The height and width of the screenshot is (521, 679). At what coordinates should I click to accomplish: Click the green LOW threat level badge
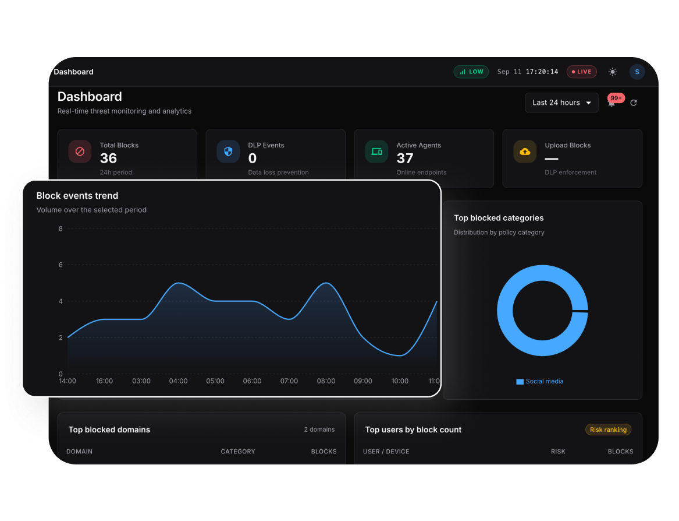click(471, 72)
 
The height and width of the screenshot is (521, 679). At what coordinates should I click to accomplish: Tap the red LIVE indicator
click(582, 72)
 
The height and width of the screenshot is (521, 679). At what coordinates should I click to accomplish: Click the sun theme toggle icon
click(612, 72)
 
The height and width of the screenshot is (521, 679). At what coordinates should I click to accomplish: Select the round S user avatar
click(637, 72)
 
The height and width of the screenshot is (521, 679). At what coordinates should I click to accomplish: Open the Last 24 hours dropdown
click(561, 103)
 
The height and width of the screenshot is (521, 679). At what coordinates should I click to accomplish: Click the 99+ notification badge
click(616, 98)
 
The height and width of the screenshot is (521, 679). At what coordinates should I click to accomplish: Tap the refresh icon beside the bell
click(634, 103)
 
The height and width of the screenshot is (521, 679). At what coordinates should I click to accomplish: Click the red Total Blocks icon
click(80, 152)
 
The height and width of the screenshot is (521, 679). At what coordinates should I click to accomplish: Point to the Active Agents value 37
click(405, 159)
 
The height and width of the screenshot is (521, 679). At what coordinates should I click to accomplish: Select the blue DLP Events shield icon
click(228, 152)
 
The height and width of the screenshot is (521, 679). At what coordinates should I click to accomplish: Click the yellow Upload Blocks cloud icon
click(525, 152)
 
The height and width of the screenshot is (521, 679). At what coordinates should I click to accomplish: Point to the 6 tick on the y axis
click(61, 265)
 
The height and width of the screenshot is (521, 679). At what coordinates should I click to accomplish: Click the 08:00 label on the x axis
click(326, 381)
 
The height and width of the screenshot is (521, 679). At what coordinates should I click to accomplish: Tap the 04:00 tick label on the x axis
click(179, 381)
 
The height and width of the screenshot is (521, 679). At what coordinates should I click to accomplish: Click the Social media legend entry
click(540, 381)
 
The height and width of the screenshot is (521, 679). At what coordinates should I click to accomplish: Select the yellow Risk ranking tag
click(608, 430)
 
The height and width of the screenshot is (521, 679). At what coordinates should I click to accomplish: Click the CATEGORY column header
click(238, 452)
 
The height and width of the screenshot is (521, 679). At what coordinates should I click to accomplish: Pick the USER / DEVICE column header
click(386, 452)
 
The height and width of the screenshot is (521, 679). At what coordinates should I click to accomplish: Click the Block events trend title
click(77, 196)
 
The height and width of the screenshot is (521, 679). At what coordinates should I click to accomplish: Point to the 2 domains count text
click(319, 430)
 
